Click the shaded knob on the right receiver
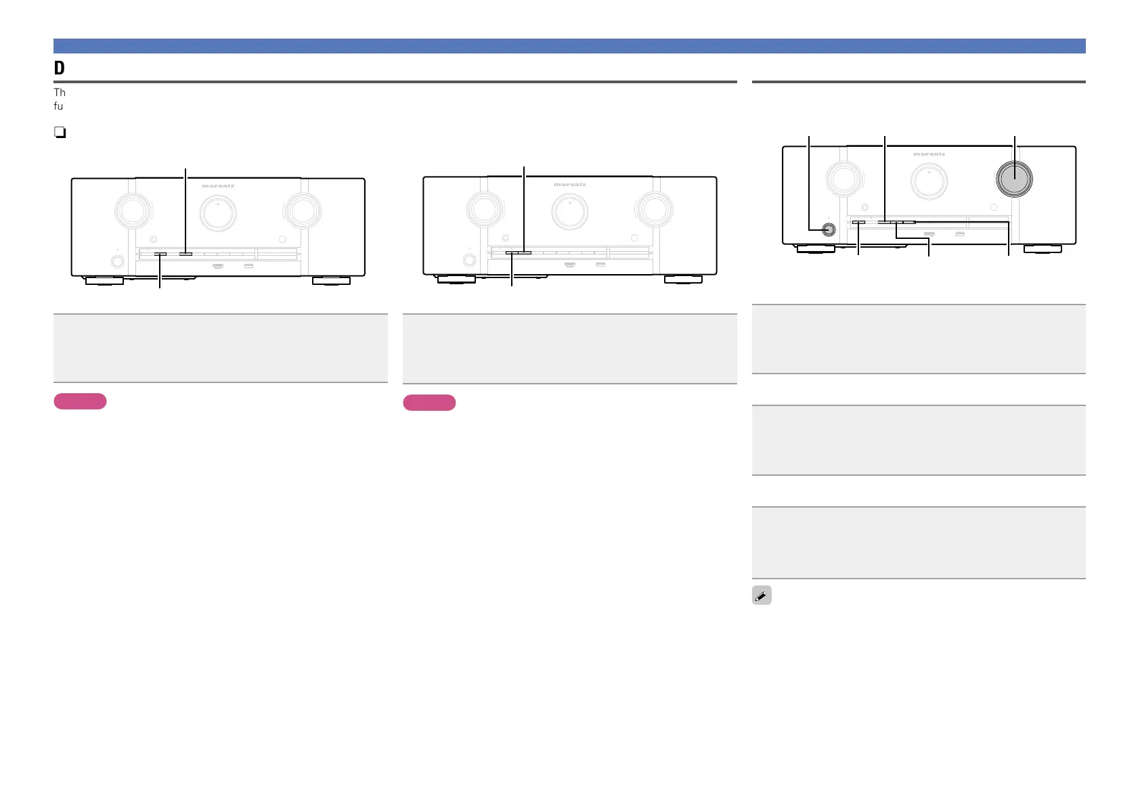pos(1014,178)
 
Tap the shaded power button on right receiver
pos(827,229)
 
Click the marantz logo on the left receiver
pos(218,186)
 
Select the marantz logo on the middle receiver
pos(570,185)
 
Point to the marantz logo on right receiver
pos(929,154)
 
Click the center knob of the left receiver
pos(218,212)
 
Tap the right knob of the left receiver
pos(303,210)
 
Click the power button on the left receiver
pos(118,261)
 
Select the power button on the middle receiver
pos(468,259)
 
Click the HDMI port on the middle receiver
pos(570,264)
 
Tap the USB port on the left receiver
pos(248,265)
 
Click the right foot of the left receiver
pos(331,280)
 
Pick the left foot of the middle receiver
pos(456,279)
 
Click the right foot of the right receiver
pos(1043,249)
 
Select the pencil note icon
pos(762,596)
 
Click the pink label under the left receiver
pos(80,401)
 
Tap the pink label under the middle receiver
pos(429,403)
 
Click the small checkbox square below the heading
pos(60,133)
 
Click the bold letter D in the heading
pos(60,68)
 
